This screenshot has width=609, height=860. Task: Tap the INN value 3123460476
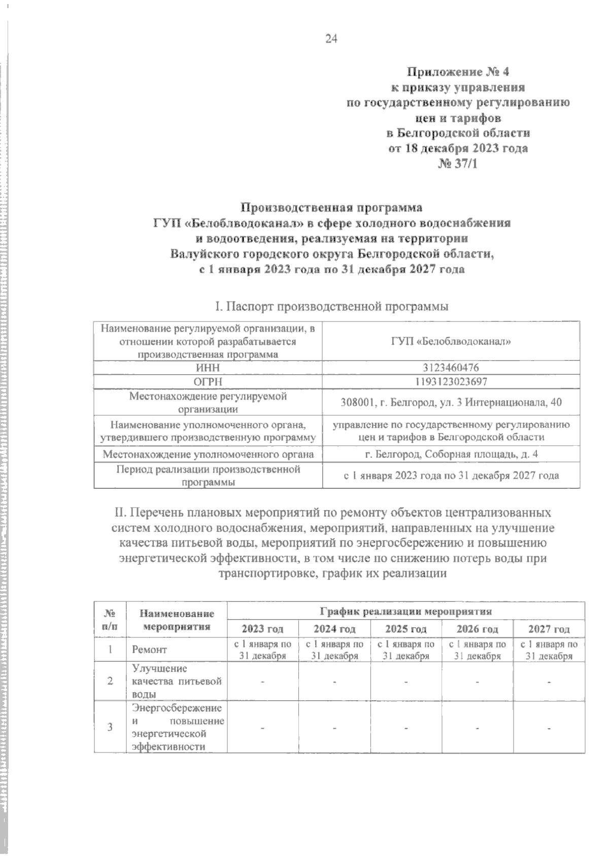pos(451,368)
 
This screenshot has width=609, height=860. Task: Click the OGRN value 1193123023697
pos(451,381)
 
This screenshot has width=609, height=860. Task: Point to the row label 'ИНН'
pos(208,368)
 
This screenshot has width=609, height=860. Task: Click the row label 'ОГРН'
pos(208,381)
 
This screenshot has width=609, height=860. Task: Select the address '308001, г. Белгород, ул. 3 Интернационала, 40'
pos(451,402)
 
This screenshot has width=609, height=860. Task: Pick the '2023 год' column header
pos(262,629)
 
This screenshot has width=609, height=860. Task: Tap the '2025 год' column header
pos(405,629)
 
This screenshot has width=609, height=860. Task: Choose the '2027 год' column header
pos(549,629)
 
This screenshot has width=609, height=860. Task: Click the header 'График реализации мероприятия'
pos(405,611)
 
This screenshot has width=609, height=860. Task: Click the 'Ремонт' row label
pos(149,650)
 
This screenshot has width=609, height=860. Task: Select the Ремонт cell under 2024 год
pos(334,650)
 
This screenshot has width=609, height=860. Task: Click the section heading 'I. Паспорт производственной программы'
pos(331,307)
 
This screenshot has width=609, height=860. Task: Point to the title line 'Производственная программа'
pos(331,207)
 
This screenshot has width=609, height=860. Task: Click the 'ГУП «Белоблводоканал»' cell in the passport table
pos(451,341)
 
